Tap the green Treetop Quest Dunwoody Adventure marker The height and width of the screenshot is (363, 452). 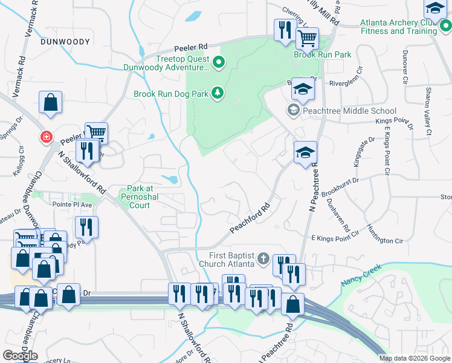[x=219, y=60]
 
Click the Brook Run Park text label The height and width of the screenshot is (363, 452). [x=322, y=54]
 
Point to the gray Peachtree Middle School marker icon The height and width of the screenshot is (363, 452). [x=293, y=110]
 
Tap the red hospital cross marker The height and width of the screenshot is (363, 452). [x=46, y=137]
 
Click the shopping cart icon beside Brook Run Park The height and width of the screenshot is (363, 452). [x=308, y=39]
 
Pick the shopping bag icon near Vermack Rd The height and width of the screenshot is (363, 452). [x=51, y=103]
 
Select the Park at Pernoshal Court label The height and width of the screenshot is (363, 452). [x=139, y=197]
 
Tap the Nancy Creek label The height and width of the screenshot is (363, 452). [x=363, y=275]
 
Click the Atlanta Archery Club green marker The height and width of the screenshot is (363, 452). [x=445, y=25]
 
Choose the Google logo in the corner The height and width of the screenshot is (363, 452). [x=20, y=356]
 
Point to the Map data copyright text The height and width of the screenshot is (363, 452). [x=414, y=358]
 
